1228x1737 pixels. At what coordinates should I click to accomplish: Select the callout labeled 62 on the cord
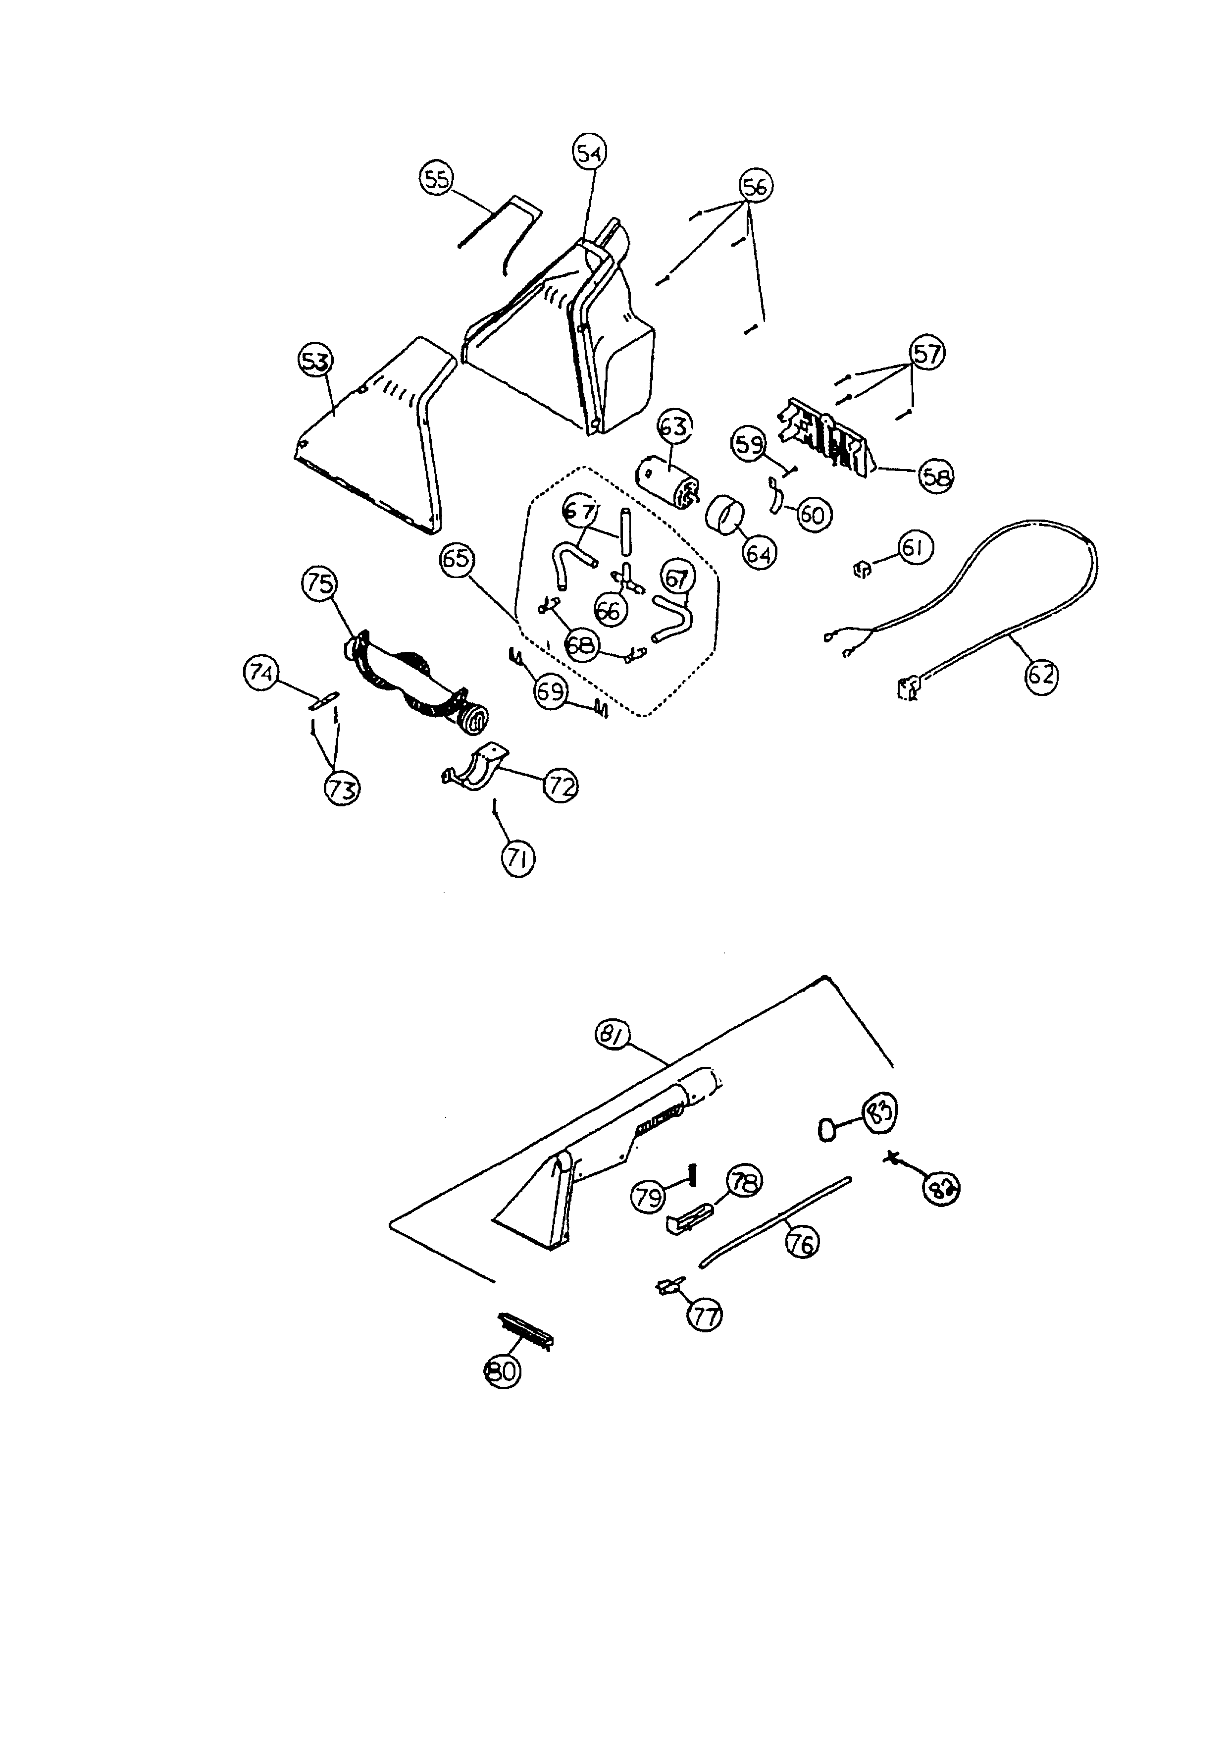coord(1040,675)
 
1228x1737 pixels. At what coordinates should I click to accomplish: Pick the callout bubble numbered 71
coord(517,859)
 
